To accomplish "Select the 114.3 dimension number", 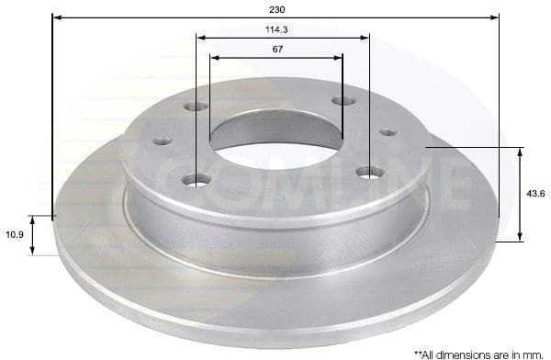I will pos(277,29).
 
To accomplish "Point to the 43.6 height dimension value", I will pos(535,193).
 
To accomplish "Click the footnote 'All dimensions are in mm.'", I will pos(478,352).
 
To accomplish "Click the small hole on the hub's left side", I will pos(162,141).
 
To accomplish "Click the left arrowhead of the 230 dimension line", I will pos(56,17).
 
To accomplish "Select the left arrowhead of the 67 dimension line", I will pos(214,57).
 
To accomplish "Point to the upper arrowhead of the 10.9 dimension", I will pos(34,219).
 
